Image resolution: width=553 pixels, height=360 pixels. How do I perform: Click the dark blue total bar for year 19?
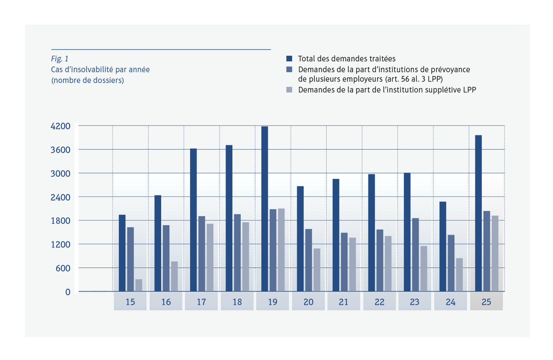point(264,209)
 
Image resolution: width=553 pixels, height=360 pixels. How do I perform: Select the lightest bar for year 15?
point(139,285)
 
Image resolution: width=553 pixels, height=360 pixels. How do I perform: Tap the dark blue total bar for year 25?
point(478,213)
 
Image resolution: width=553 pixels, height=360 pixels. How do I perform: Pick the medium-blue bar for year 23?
point(415,255)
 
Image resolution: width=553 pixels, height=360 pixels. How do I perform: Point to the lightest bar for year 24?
point(459,275)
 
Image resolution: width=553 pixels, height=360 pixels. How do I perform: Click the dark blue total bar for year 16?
point(158,243)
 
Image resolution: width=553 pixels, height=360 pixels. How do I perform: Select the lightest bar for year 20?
point(317,270)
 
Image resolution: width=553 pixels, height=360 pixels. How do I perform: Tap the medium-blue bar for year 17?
point(202,254)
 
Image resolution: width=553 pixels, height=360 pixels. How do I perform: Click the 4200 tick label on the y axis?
point(61,126)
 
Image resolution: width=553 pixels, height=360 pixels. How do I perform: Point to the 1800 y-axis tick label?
point(61,221)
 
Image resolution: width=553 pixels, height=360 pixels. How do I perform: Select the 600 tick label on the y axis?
point(63,268)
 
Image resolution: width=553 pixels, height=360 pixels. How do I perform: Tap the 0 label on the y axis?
point(68,292)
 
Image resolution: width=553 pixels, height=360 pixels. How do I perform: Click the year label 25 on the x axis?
point(486,302)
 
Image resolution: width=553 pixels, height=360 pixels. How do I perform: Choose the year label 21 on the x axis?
point(344,302)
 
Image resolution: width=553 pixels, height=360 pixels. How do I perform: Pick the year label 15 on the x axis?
point(130,302)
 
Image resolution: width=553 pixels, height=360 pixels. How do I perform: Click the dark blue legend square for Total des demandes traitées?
point(289,59)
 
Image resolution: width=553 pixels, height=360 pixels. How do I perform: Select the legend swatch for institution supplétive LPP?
point(289,90)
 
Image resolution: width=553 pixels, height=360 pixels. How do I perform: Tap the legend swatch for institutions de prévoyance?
point(289,69)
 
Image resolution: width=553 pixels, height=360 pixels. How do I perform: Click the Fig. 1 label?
point(59,59)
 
